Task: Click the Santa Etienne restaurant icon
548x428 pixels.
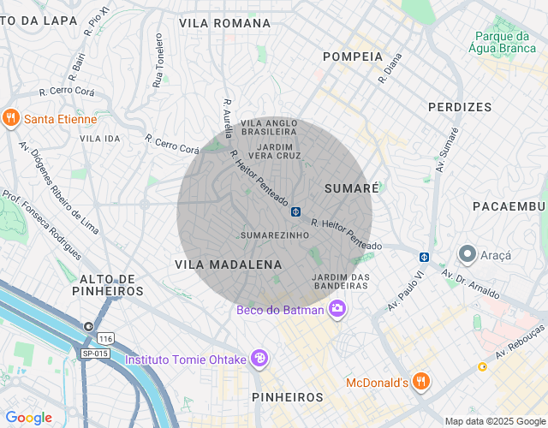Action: (11, 118)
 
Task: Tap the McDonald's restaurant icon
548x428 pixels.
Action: (420, 381)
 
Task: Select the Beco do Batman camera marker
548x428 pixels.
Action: (338, 309)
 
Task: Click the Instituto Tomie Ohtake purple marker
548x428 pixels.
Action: (259, 359)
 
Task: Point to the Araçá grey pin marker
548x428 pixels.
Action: (468, 253)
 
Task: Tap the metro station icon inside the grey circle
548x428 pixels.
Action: (295, 211)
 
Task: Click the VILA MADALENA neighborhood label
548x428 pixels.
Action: (228, 265)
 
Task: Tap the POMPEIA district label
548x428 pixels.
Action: (353, 56)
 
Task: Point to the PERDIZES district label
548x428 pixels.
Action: (460, 107)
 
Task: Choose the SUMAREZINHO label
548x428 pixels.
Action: (274, 235)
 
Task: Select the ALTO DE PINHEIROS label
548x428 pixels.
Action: (111, 285)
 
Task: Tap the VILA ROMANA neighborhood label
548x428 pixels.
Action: (224, 23)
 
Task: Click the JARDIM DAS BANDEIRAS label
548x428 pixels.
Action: (341, 281)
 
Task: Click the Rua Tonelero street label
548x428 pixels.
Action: (158, 61)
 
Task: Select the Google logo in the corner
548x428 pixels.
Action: (28, 418)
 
